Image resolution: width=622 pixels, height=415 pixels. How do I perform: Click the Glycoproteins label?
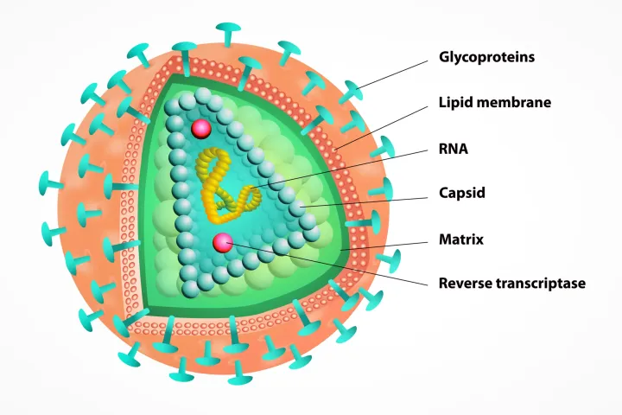pyautogui.click(x=486, y=58)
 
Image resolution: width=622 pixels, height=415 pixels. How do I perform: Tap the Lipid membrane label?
pyautogui.click(x=494, y=103)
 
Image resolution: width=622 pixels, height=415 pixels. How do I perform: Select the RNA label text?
pyautogui.click(x=454, y=148)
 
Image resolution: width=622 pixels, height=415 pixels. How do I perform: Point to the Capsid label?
pyautogui.click(x=462, y=193)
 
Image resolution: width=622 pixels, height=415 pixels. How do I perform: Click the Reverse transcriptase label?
pyautogui.click(x=511, y=283)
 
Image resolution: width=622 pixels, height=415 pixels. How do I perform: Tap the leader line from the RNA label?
pyautogui.click(x=346, y=166)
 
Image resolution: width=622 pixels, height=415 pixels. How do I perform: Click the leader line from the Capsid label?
pyautogui.click(x=371, y=200)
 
